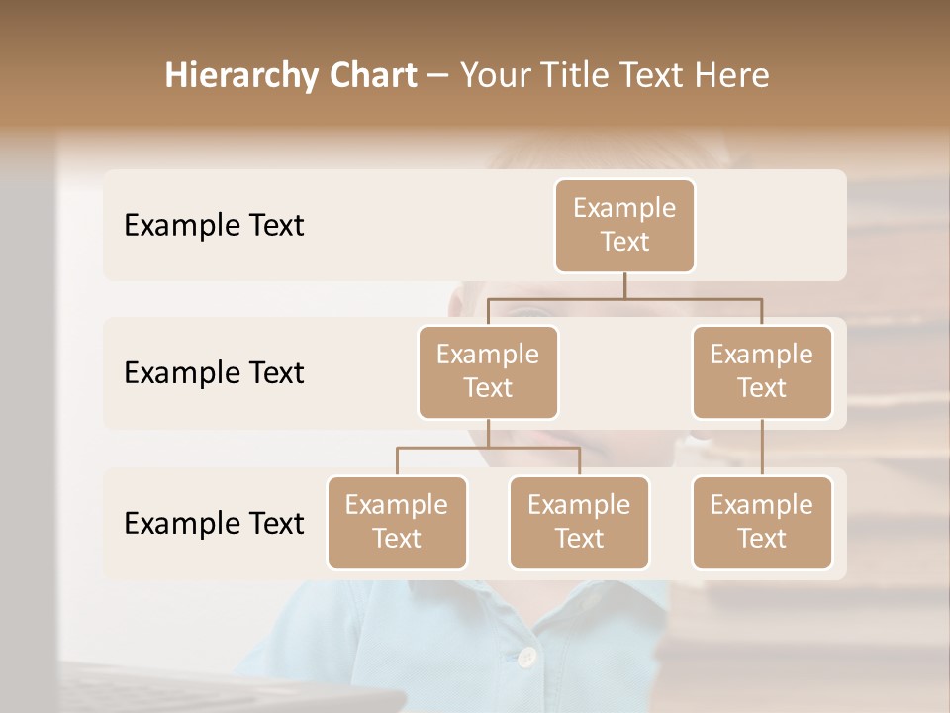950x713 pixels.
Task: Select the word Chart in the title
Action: point(374,76)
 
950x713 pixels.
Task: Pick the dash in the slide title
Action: point(436,77)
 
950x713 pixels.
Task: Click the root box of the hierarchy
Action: point(624,225)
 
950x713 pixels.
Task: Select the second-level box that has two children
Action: point(488,371)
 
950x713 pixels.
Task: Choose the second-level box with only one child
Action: point(762,371)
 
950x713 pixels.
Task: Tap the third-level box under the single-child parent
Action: point(762,522)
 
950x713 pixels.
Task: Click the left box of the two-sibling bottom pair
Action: point(397,522)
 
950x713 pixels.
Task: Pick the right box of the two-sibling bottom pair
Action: point(579,522)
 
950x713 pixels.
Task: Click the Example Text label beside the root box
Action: point(214,225)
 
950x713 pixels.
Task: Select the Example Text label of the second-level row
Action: point(214,372)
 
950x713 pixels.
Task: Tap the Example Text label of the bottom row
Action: point(214,523)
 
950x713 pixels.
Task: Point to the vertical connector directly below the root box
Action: point(624,285)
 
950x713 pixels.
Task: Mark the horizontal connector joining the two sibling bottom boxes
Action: point(488,448)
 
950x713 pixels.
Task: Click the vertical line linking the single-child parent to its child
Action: point(762,447)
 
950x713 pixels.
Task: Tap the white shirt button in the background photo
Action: point(527,656)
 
